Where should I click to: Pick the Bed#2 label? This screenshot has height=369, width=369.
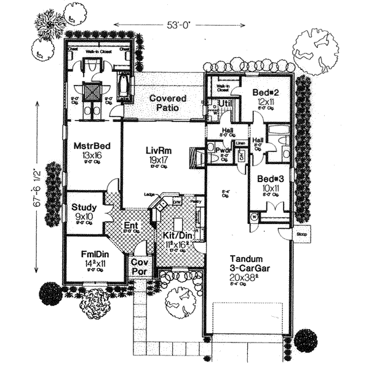(x=266, y=92)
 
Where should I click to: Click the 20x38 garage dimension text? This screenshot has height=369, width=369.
(x=250, y=277)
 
